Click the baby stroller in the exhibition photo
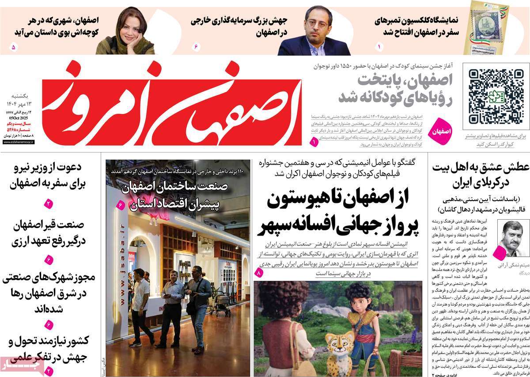click(x=220, y=300)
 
